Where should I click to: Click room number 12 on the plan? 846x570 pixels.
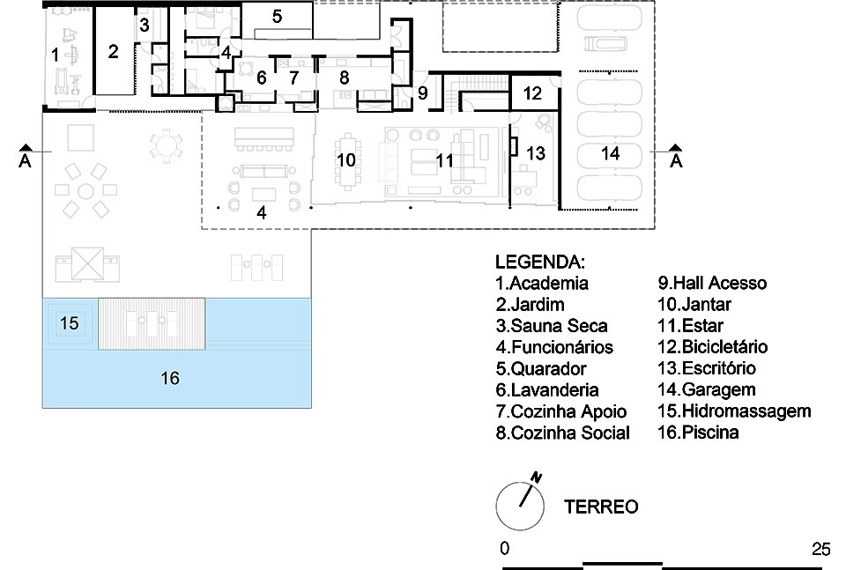pos(532,93)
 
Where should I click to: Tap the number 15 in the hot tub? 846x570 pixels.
pos(69,323)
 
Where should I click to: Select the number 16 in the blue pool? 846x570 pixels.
pos(170,378)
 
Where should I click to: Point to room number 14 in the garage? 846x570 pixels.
pos(610,153)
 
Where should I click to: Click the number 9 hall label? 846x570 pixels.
pos(422,93)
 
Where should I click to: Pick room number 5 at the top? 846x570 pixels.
pos(277,16)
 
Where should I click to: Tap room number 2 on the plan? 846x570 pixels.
pos(113,51)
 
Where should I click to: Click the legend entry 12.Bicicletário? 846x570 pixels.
pos(712,346)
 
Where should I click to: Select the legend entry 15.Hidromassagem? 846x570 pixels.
pos(734,411)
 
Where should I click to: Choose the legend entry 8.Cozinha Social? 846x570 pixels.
pos(563,433)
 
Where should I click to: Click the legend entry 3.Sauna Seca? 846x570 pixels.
pos(552,326)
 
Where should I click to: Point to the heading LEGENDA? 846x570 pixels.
pos(539,262)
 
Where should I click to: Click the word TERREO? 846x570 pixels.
pos(601,507)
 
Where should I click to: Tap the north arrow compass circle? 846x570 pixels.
pos(497,507)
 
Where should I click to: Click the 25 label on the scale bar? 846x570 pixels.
pos(820,549)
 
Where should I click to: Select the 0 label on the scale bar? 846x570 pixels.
pos(504,549)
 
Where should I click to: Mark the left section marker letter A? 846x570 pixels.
pos(25,160)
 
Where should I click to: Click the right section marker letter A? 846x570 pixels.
pos(676,160)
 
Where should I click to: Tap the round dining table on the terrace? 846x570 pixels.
pos(167,145)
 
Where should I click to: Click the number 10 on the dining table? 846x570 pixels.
pos(345,159)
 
